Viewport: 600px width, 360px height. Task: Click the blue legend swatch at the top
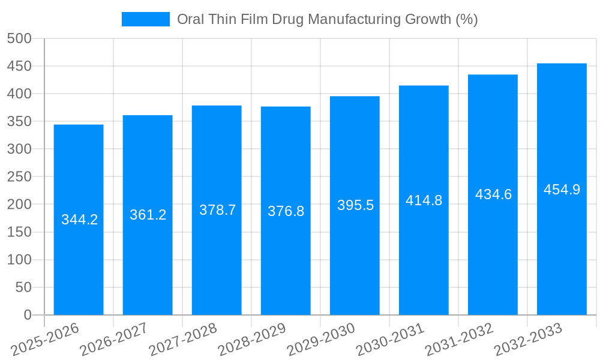tap(145, 19)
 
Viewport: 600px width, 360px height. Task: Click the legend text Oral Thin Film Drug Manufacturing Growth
tap(327, 19)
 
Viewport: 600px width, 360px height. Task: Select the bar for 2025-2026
tap(79, 264)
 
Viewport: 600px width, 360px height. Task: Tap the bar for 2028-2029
tap(286, 264)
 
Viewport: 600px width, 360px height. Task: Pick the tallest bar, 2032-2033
tap(562, 252)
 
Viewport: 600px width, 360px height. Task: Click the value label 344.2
tap(79, 220)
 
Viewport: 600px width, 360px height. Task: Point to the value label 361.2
tap(148, 215)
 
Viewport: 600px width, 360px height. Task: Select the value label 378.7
tap(217, 210)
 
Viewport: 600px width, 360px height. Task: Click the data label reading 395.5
tap(355, 205)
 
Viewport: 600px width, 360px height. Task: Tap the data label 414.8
tap(424, 200)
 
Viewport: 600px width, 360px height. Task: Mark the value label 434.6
tap(493, 194)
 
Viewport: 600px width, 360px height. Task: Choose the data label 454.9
tap(562, 190)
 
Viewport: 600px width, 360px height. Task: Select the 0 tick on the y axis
tap(27, 315)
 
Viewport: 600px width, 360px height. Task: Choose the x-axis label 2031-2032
tap(460, 340)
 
